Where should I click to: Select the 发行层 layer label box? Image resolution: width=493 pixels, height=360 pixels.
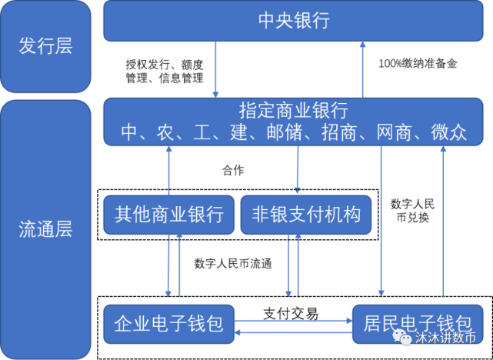(x=45, y=46)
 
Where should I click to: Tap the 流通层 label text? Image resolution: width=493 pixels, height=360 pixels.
(x=45, y=229)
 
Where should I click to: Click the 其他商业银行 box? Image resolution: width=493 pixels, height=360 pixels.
(x=168, y=214)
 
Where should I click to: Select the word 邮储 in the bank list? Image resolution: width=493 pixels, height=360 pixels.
(x=278, y=132)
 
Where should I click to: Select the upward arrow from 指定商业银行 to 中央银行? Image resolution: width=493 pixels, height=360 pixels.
(x=363, y=69)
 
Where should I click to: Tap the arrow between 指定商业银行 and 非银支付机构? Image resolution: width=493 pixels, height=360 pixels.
(x=297, y=169)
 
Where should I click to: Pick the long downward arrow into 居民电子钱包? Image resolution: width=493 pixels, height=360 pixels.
(x=381, y=223)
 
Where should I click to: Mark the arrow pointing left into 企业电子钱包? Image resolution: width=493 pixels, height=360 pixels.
(x=292, y=332)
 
